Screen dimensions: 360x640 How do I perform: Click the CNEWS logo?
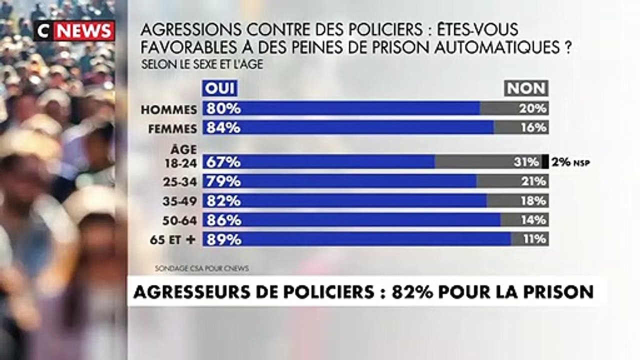pos(74,31)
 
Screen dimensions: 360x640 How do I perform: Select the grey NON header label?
pos(526,89)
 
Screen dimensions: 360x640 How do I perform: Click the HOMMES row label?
pos(169,109)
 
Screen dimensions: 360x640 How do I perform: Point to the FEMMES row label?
pos(172,128)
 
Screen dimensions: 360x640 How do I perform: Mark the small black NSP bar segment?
pos(545,161)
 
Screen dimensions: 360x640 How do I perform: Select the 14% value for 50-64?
pos(534,220)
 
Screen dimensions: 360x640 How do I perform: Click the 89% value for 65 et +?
pos(222,239)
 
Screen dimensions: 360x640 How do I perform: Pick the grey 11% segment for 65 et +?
pos(529,239)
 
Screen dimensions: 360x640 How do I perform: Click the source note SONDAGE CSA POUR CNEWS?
pos(201,268)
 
